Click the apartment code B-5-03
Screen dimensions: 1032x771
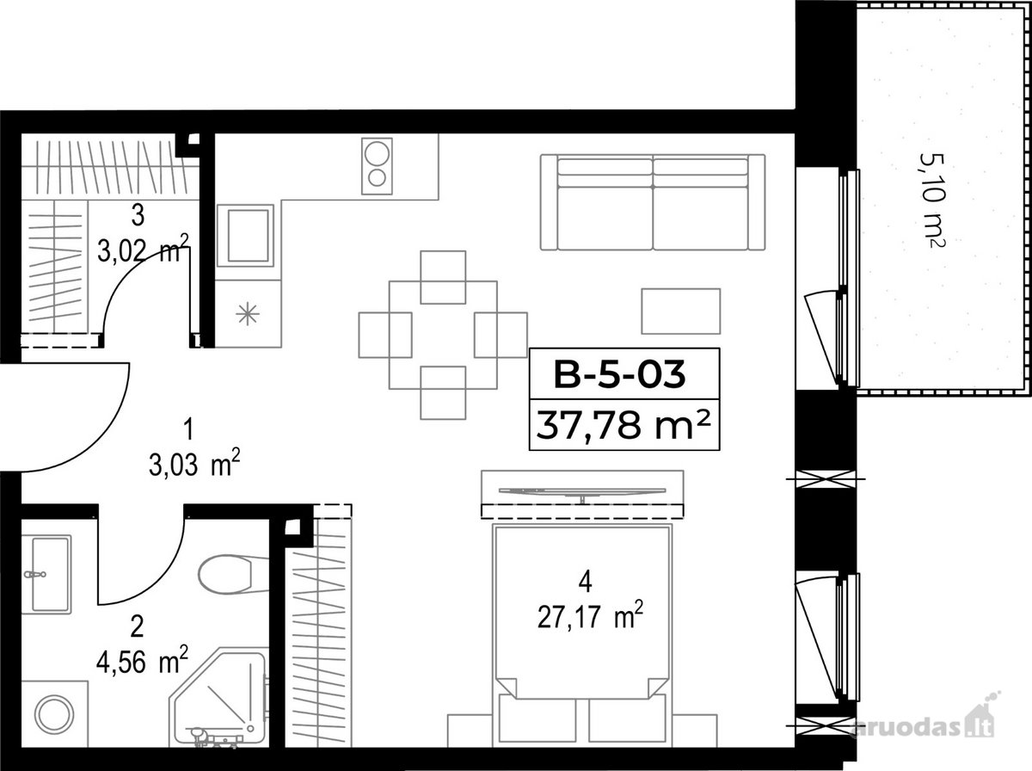(620, 375)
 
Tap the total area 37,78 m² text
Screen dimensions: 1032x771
(623, 424)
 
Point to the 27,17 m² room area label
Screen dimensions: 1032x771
(590, 617)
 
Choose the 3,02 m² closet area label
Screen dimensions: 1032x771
(143, 249)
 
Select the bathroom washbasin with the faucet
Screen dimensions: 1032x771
(46, 574)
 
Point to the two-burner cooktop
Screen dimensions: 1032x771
(377, 166)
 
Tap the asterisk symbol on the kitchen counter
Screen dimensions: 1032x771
(248, 314)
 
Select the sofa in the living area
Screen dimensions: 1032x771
(653, 202)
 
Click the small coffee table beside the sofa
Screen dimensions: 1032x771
(681, 311)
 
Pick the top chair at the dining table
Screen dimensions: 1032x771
(443, 277)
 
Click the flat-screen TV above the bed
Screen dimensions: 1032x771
(582, 491)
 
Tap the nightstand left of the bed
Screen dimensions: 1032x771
(470, 737)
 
